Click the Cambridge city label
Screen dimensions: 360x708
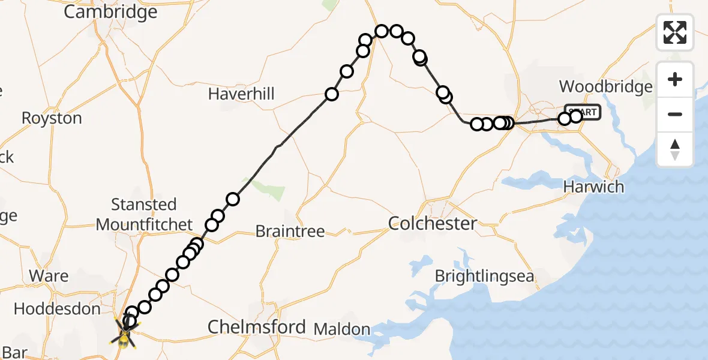pos(110,11)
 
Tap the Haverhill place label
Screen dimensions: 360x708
pos(241,94)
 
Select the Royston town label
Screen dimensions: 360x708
pos(52,118)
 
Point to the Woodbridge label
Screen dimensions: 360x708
pos(605,86)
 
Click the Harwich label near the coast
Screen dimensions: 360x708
pos(593,187)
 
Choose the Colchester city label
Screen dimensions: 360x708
pos(433,223)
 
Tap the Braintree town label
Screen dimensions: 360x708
pos(290,231)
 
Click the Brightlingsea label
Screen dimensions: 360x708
pos(485,276)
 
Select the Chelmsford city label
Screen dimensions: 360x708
pos(256,327)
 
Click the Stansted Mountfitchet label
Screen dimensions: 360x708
pos(144,214)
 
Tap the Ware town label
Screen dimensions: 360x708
pos(49,276)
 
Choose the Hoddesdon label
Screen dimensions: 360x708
pos(57,309)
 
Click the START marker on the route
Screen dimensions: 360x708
pos(582,112)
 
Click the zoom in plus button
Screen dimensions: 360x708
pos(675,79)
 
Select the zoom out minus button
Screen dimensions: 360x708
pos(675,114)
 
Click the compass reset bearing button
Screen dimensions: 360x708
pos(675,149)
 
